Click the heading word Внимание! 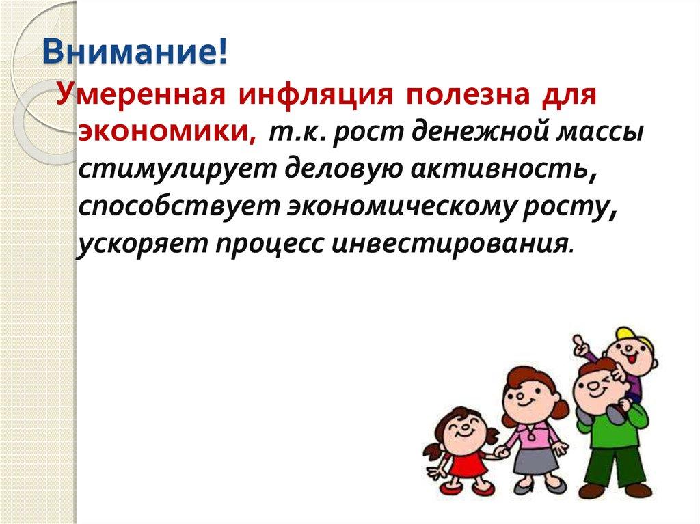pyautogui.click(x=135, y=53)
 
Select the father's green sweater pyautogui.click(x=612, y=427)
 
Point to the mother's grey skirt pyautogui.click(x=537, y=460)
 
